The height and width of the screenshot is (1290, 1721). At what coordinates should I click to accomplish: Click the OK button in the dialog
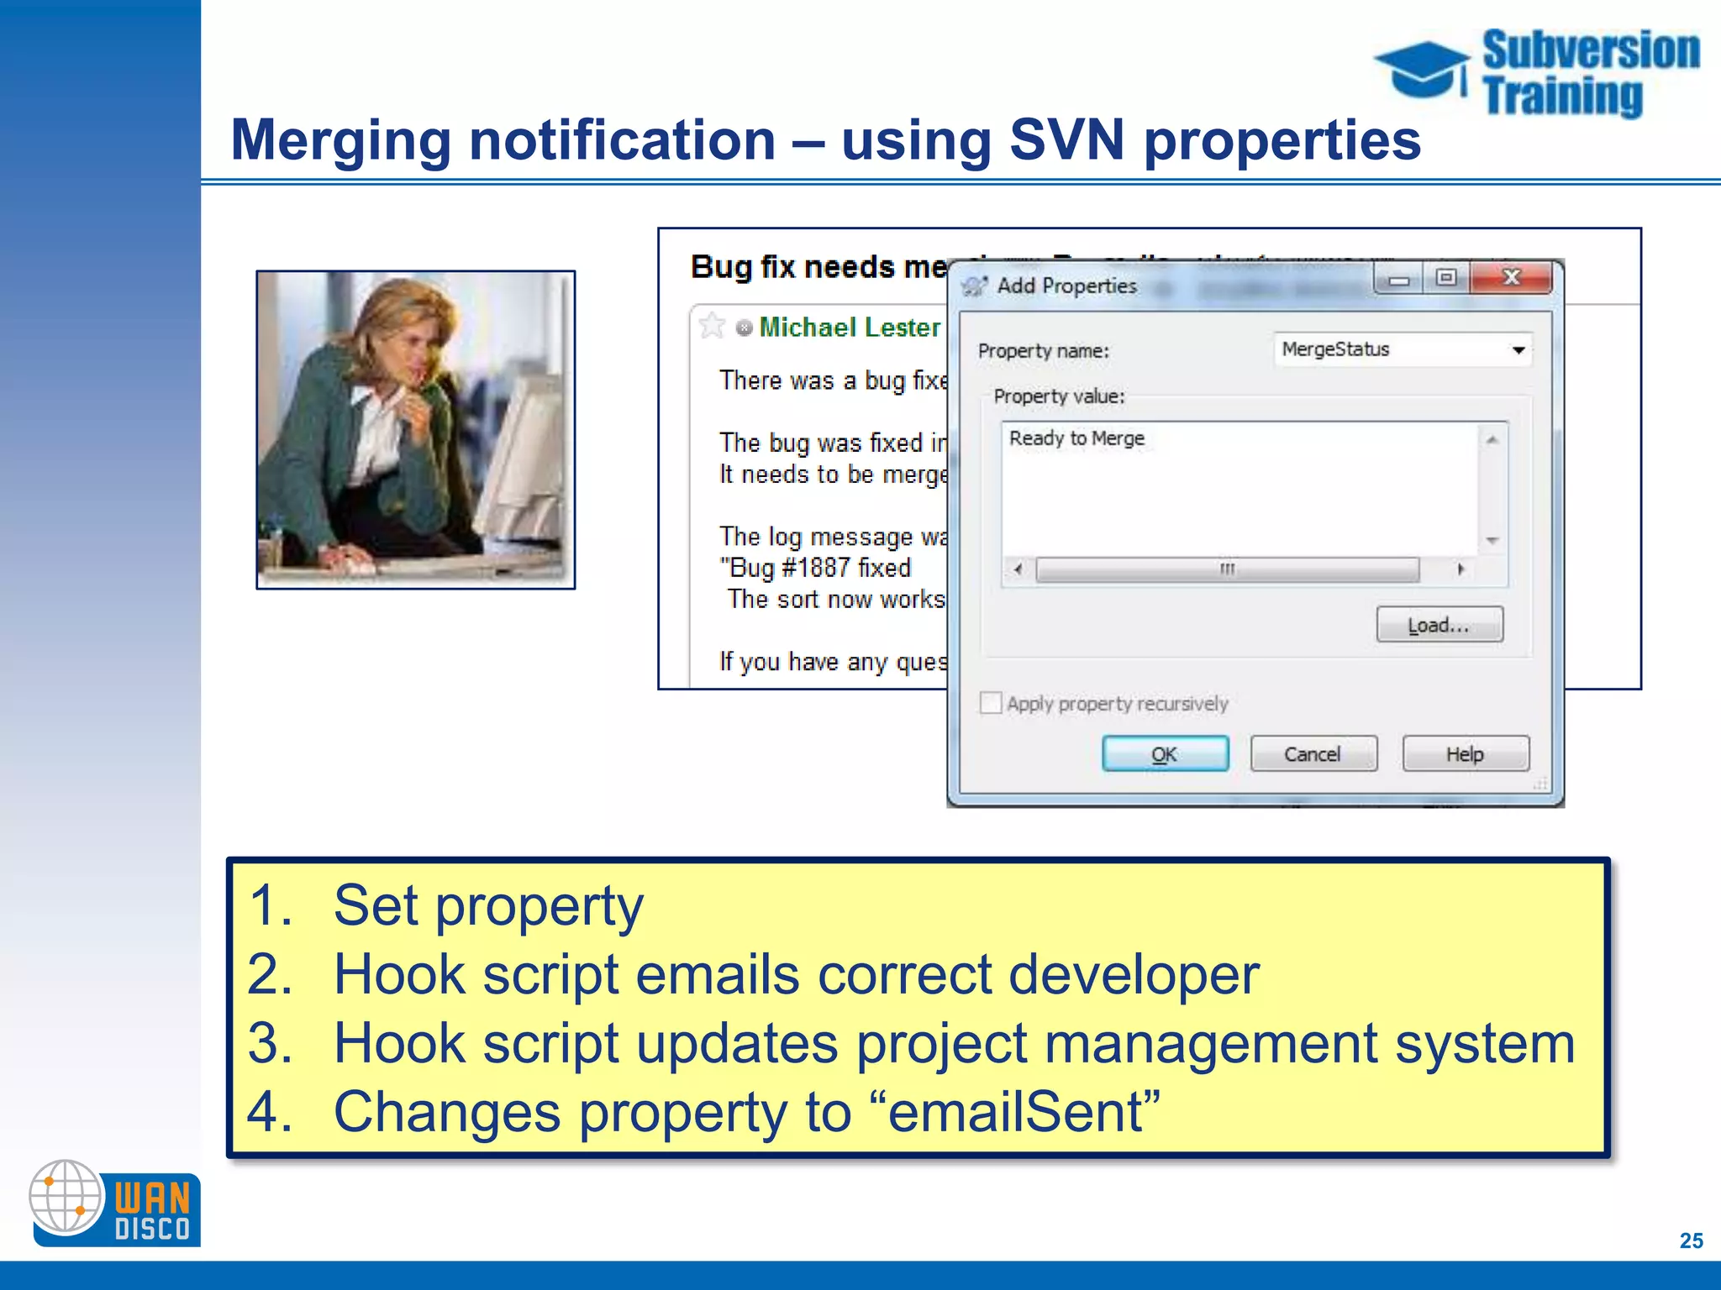[x=1165, y=753]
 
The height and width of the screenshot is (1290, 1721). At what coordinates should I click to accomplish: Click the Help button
[x=1465, y=753]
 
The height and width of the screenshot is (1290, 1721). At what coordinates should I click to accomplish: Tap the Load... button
[x=1439, y=625]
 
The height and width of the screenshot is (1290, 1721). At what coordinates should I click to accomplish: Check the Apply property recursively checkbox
[x=992, y=703]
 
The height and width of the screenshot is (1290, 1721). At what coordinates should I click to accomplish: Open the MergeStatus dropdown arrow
[x=1518, y=350]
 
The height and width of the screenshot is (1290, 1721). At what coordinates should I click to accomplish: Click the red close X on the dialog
[x=1511, y=278]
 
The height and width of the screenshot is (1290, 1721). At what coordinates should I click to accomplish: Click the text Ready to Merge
[x=1076, y=438]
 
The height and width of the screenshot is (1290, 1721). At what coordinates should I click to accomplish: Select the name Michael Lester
[x=850, y=328]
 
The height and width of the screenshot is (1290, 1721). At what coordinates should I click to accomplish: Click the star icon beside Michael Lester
[x=712, y=326]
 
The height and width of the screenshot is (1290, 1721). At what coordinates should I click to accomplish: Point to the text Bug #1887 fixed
[x=815, y=569]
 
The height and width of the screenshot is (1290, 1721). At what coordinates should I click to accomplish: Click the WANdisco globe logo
[x=66, y=1196]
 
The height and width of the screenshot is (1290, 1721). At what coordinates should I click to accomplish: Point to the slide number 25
[x=1691, y=1240]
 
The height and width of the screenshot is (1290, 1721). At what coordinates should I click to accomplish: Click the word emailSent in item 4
[x=1015, y=1112]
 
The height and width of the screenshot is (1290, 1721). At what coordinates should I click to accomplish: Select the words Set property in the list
[x=488, y=906]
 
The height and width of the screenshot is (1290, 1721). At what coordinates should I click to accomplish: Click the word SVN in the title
[x=1066, y=139]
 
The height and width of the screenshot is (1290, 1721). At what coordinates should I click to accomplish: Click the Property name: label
[x=1043, y=351]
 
